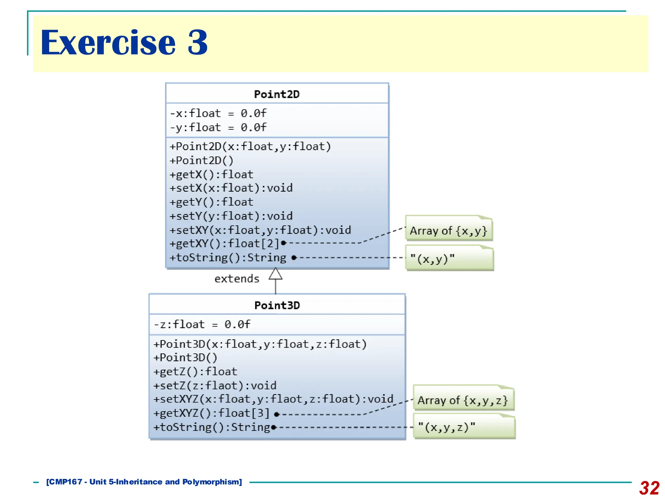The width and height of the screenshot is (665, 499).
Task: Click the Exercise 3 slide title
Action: coord(124,43)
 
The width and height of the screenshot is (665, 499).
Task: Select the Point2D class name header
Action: coord(277,94)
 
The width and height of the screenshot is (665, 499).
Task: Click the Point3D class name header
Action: coord(277,305)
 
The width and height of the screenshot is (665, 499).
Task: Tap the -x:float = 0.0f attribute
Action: coord(218,113)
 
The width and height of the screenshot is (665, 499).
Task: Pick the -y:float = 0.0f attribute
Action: coord(218,127)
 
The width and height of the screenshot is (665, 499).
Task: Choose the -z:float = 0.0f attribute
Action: coord(202,324)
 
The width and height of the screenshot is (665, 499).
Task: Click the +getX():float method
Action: coord(211,174)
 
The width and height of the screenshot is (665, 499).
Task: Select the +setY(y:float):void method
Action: coord(231,216)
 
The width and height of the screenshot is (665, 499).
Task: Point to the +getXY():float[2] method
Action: coord(224,244)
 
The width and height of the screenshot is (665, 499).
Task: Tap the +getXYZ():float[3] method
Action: coord(211,413)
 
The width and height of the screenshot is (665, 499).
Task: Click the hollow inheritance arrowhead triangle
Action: coord(275,275)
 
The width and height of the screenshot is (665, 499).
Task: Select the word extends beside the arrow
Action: coord(237,279)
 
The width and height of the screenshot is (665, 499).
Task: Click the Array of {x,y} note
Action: coord(448,231)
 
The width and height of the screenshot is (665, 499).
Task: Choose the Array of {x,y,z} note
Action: coord(463,400)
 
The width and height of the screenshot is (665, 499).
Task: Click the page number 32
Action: coord(649,488)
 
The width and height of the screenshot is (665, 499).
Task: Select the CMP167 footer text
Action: coord(144,482)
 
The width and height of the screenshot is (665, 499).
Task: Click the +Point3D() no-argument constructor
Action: coord(185,358)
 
